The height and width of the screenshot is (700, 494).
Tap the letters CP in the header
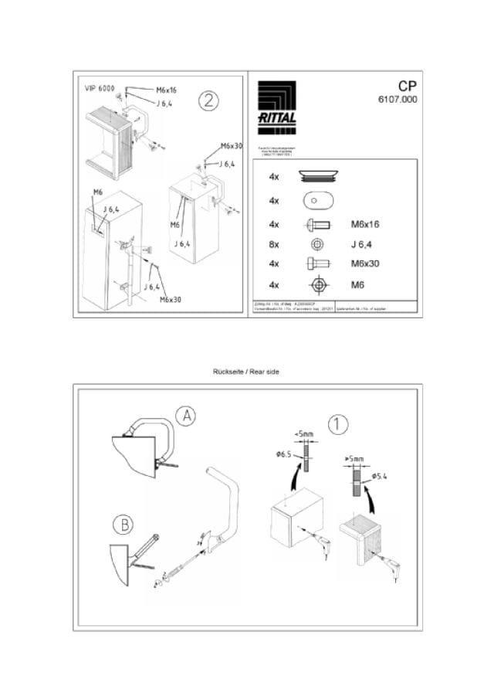408,86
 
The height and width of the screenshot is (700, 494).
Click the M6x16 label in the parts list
365,225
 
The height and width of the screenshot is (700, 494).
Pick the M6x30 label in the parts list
365,264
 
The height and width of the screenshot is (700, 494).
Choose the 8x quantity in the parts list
274,244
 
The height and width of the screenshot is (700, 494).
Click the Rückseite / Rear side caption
246,372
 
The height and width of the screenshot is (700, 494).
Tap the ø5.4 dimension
379,476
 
